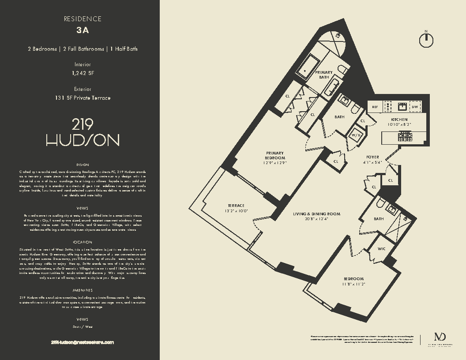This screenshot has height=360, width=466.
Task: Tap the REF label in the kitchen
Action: coord(375,107)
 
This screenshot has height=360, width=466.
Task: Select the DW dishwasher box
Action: coord(414,107)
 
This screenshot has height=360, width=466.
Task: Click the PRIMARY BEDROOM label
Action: coord(275,155)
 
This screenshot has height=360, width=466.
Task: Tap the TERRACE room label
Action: coord(236,206)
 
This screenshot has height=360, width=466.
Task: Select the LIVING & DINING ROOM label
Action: coord(316,214)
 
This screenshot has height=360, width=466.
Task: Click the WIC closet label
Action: coord(381,249)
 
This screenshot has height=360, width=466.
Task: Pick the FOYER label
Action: coord(372,157)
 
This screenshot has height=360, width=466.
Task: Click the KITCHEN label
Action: coord(399,120)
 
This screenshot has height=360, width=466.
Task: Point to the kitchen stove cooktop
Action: coord(405,137)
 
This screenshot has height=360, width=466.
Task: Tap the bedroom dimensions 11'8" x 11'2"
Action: coord(353,284)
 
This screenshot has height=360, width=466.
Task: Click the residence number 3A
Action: coord(83,30)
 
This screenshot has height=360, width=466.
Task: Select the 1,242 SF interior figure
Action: coord(83,73)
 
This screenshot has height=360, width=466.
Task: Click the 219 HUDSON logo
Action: coord(83,133)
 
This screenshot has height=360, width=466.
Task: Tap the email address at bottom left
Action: coord(83,342)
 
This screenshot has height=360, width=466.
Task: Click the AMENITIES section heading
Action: coord(83,290)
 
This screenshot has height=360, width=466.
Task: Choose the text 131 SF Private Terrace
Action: coord(83,98)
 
